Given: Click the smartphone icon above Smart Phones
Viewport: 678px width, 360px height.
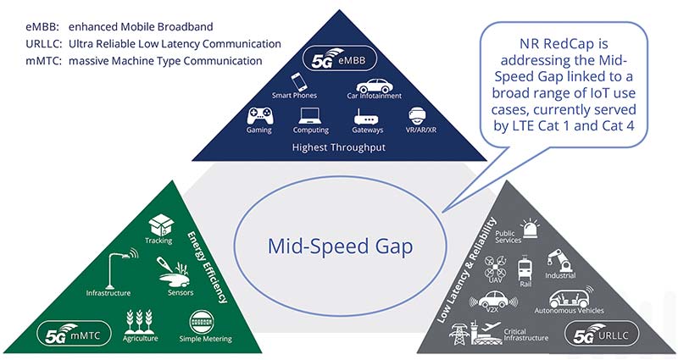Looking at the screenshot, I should tap(298, 81).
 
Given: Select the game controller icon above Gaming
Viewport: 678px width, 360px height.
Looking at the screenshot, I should tap(258, 116).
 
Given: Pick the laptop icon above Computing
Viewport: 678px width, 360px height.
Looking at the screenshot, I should tap(310, 116).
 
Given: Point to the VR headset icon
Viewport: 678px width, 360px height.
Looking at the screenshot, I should tap(417, 116).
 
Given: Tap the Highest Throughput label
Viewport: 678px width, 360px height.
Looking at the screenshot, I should tap(339, 147).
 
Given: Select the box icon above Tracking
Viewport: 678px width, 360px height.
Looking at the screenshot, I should tap(159, 225).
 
